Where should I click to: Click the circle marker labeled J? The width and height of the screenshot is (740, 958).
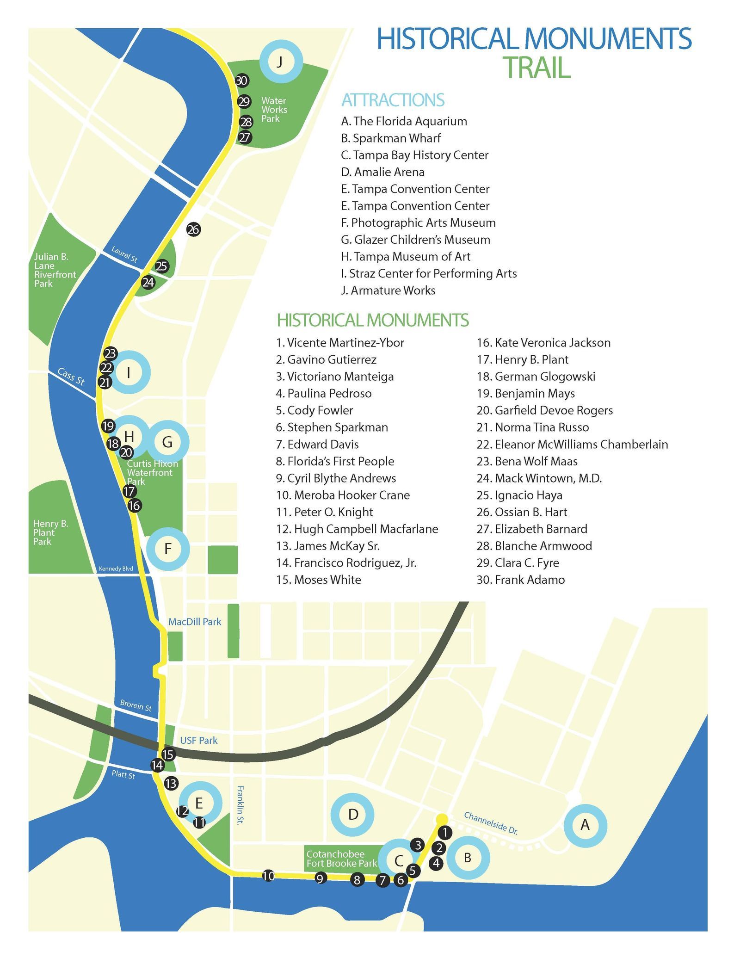click(x=281, y=62)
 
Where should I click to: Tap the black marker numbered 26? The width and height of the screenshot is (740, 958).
click(x=193, y=229)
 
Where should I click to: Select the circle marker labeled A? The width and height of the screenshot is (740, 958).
click(x=585, y=825)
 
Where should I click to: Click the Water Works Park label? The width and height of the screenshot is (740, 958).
click(x=273, y=110)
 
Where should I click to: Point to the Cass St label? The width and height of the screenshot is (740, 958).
click(x=71, y=377)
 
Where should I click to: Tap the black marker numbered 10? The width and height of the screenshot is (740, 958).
click(x=268, y=876)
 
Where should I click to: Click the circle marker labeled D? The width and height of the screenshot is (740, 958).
click(x=353, y=815)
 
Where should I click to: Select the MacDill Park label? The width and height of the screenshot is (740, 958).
click(x=195, y=622)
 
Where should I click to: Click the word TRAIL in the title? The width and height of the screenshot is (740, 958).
click(x=536, y=68)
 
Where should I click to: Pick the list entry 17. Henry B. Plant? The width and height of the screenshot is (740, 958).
click(x=523, y=359)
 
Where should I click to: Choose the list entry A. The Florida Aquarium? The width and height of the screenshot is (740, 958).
click(x=404, y=121)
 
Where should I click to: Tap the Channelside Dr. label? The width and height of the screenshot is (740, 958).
click(x=491, y=823)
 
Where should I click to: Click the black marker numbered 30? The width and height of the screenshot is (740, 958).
click(x=241, y=80)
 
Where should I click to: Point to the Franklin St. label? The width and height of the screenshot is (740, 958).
click(x=240, y=804)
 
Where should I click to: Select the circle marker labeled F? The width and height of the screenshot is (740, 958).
click(x=168, y=549)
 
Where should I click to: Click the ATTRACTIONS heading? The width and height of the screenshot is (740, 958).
click(x=393, y=100)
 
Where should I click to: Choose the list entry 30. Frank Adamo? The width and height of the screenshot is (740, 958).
click(x=521, y=580)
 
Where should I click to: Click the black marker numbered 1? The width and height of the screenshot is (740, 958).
click(x=444, y=833)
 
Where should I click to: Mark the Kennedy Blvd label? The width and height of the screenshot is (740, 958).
click(x=116, y=569)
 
